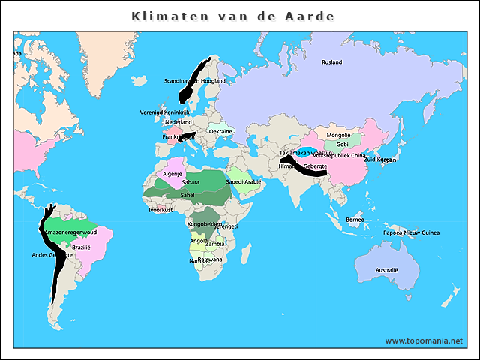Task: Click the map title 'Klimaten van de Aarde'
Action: (x=232, y=16)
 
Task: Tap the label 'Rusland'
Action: (x=331, y=62)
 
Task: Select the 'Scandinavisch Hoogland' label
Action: (x=195, y=81)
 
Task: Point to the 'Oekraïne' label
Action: (x=220, y=132)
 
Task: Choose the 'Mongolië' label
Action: (x=338, y=135)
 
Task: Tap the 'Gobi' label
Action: (x=342, y=144)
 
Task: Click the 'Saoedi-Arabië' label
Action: (x=244, y=181)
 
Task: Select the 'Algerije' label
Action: (x=172, y=174)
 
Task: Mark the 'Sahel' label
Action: (x=187, y=194)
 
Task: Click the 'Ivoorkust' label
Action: (x=160, y=210)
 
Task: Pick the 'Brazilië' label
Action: (x=81, y=247)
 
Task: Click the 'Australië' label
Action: (x=387, y=269)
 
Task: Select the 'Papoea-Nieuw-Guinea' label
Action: (x=410, y=233)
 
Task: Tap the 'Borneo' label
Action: (x=355, y=220)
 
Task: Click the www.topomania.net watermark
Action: (x=424, y=340)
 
